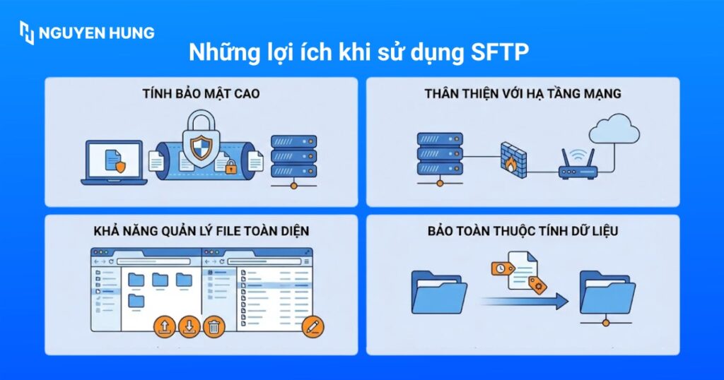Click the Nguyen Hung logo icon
pos(27,32)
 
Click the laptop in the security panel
pos(114,162)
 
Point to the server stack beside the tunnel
pos(293,160)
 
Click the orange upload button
pos(165,326)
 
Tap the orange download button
pos(189,326)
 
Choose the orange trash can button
pos(214,326)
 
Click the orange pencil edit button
pos(312,326)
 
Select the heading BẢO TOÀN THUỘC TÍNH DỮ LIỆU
pos(522,231)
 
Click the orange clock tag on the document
pos(501,269)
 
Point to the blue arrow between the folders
pos(524,302)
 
